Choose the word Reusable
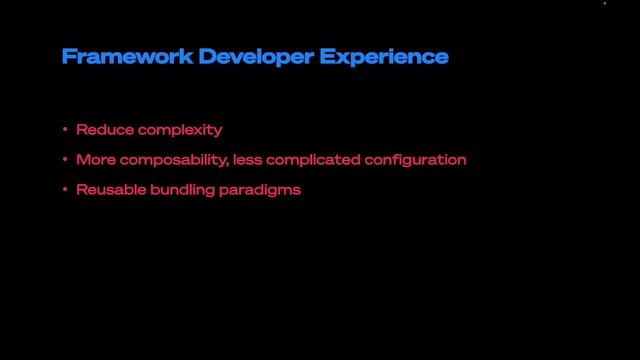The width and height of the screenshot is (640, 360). click(x=109, y=188)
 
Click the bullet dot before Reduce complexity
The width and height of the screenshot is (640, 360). click(x=65, y=130)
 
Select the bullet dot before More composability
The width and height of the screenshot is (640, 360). click(x=65, y=159)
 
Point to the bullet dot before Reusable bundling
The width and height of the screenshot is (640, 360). click(x=65, y=188)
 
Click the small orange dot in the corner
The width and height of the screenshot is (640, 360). click(x=605, y=4)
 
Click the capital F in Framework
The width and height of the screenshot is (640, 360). click(x=68, y=57)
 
